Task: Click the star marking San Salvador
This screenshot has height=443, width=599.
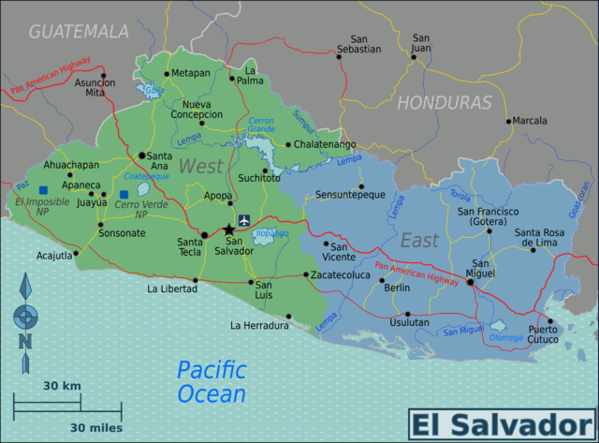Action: coord(229,229)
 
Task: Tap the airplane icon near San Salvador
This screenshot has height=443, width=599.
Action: coord(245,221)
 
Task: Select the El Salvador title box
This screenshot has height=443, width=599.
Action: coord(502,424)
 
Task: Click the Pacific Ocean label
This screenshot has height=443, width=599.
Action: coord(212,381)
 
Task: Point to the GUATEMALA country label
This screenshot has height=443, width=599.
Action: coord(79,31)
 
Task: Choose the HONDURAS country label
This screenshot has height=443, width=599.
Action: coord(445,102)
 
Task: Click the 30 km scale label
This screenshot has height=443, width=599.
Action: coord(62,386)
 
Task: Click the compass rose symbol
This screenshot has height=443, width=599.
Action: coord(25,314)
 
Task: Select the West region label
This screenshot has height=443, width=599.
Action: coord(201,167)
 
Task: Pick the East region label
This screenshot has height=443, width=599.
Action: coord(418,242)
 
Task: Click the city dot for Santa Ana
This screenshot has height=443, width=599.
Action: coord(142,155)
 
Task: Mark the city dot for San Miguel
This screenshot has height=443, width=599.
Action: coord(470,281)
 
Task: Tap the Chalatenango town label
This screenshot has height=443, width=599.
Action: coord(325,144)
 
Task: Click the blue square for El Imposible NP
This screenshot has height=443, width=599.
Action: coord(43,190)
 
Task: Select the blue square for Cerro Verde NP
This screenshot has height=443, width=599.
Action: coord(124,195)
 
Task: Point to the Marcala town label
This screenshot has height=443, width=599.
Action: coord(530,120)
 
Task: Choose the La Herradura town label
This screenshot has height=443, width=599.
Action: coord(258,326)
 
